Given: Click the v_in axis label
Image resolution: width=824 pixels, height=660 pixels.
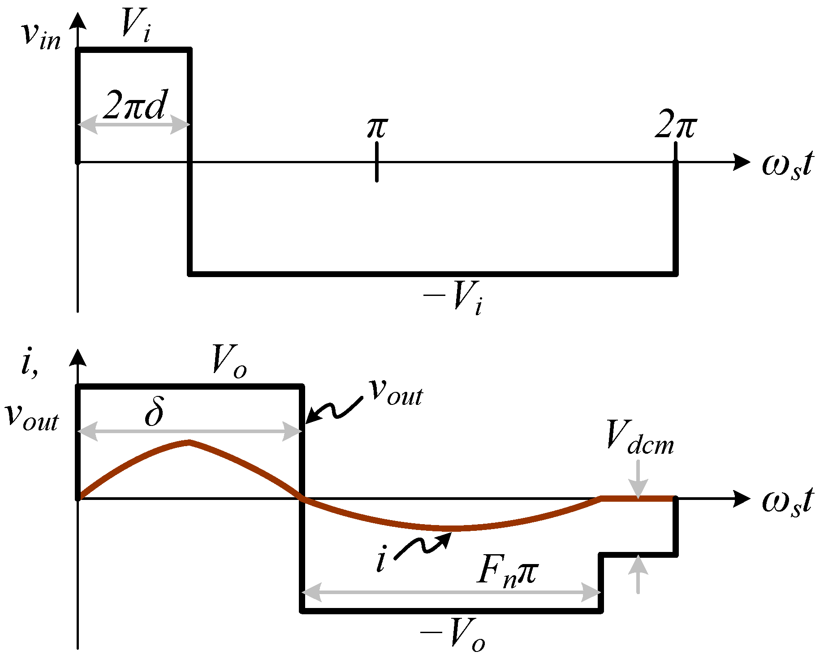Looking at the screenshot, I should tap(41, 36).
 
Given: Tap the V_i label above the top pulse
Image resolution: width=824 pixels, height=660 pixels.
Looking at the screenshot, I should tap(136, 26).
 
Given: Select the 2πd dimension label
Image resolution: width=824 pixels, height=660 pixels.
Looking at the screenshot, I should tap(134, 106).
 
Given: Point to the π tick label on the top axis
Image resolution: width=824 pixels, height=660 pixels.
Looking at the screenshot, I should tap(376, 128).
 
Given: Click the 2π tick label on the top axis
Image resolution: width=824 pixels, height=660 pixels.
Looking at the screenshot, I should tap(675, 126).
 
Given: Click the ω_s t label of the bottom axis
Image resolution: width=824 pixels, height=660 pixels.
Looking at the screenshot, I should tap(787, 502).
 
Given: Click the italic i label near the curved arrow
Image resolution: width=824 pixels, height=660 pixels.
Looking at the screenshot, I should tap(381, 561).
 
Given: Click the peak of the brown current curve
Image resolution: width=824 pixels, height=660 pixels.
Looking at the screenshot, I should tap(190, 442).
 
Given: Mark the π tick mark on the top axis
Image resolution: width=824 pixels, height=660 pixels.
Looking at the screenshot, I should tap(377, 162).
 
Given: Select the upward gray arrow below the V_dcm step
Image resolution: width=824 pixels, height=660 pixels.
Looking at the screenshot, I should tap(638, 574).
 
